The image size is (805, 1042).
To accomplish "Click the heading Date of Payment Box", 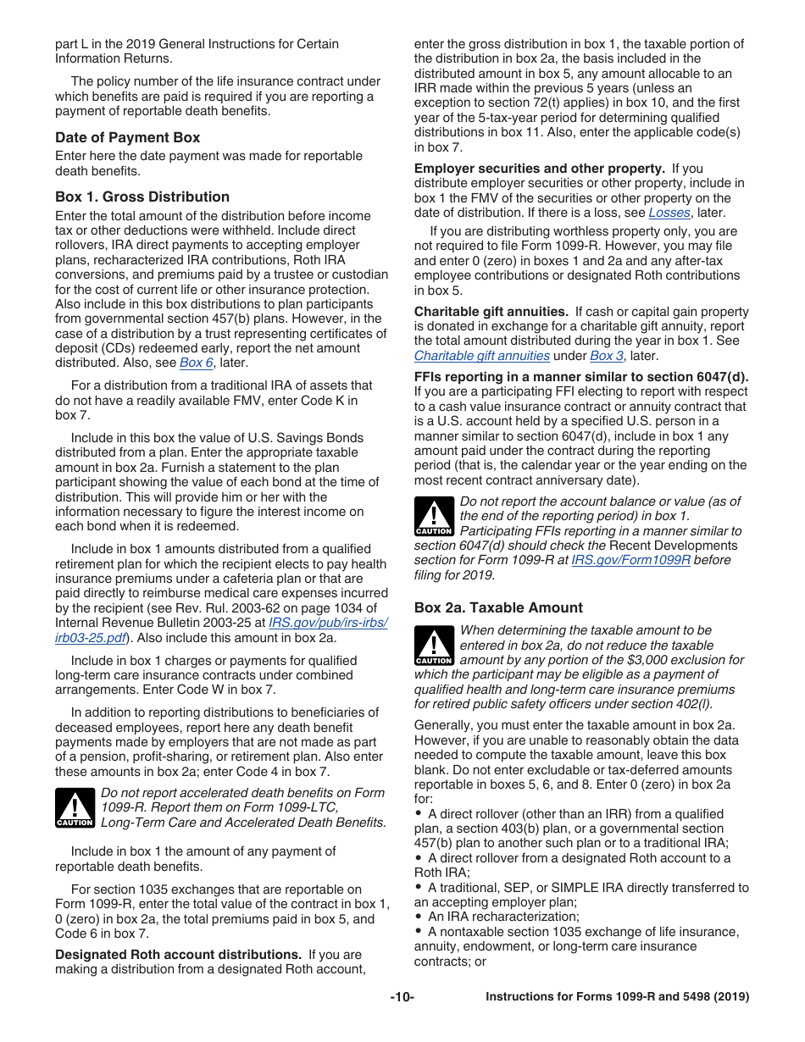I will point(127,137).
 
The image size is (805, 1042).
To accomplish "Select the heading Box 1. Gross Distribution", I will point(142,197).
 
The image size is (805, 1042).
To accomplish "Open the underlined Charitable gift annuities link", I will point(481,356).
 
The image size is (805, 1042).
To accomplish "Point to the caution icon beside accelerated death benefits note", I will point(75,807).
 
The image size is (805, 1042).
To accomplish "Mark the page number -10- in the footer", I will point(402,997).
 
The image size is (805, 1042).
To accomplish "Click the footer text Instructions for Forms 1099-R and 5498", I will point(617,997).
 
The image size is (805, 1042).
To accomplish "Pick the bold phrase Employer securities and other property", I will point(539,169).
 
